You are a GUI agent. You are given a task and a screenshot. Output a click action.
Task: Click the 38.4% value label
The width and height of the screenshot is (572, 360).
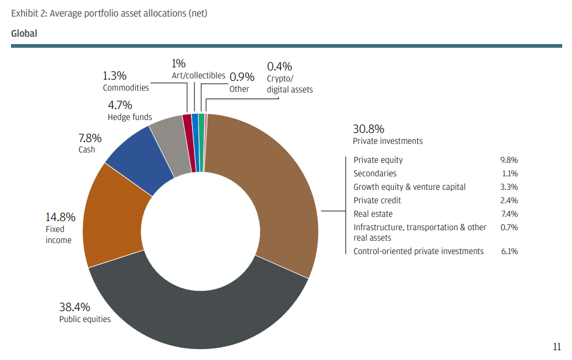point(74,306)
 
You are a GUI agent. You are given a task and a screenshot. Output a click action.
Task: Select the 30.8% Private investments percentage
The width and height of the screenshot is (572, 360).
point(368,129)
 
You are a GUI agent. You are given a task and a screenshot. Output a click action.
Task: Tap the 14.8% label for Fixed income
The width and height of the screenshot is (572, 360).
point(60,217)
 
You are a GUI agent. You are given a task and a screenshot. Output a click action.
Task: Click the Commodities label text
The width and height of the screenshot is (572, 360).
point(125,88)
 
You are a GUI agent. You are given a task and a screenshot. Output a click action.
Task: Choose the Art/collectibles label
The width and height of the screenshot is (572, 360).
point(198,75)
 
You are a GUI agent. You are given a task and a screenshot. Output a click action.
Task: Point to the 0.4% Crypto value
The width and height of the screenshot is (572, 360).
point(280,66)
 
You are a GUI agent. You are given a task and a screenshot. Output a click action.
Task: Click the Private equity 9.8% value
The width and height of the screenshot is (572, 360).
point(508,160)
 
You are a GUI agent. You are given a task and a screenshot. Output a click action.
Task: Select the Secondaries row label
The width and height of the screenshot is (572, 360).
point(374,174)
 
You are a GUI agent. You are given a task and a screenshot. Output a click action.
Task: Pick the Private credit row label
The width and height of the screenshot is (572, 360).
point(377,201)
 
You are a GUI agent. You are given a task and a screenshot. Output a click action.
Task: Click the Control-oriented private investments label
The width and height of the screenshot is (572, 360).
point(418,251)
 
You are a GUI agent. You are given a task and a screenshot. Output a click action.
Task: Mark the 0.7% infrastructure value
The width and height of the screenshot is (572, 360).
point(508,228)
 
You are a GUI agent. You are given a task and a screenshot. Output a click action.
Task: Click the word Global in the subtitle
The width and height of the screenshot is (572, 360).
point(24,34)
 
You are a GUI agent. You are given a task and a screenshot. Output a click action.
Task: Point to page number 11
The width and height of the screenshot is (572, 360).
point(557,347)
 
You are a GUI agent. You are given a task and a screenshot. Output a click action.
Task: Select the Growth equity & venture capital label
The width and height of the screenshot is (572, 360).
point(409,187)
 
